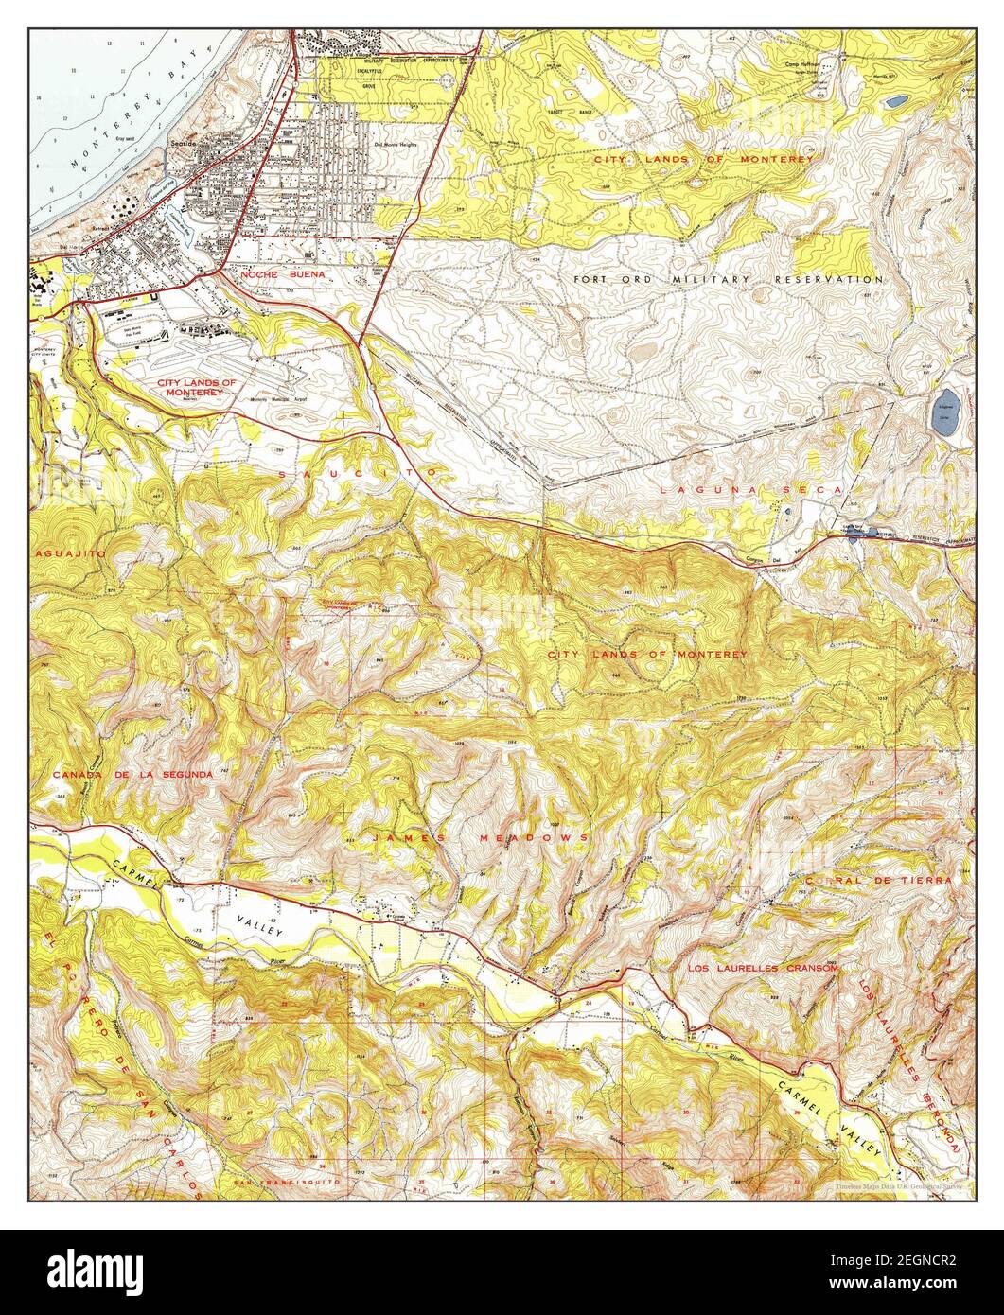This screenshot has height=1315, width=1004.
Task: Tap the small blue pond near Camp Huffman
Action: tap(895, 98)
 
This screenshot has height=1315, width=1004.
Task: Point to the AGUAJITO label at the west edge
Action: tap(71, 552)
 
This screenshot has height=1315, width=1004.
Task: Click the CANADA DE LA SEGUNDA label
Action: tap(132, 774)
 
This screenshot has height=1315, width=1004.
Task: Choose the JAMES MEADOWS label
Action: tap(480, 838)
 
